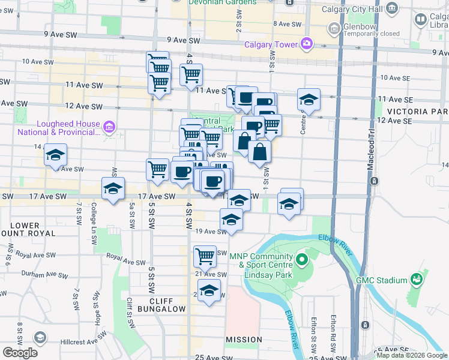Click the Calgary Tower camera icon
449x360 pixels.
(x=307, y=43)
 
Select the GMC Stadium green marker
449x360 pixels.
(x=415, y=280)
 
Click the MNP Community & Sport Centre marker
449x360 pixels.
(x=301, y=260)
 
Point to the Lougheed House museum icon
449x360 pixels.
(x=109, y=127)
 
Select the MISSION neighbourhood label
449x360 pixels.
(x=244, y=340)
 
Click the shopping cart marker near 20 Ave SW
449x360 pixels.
(x=205, y=256)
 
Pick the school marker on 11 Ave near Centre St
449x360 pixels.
(x=309, y=100)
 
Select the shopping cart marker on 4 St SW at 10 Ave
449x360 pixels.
(x=191, y=75)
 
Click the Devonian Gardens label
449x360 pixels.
(x=222, y=2)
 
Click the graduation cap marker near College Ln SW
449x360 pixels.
(x=113, y=188)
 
